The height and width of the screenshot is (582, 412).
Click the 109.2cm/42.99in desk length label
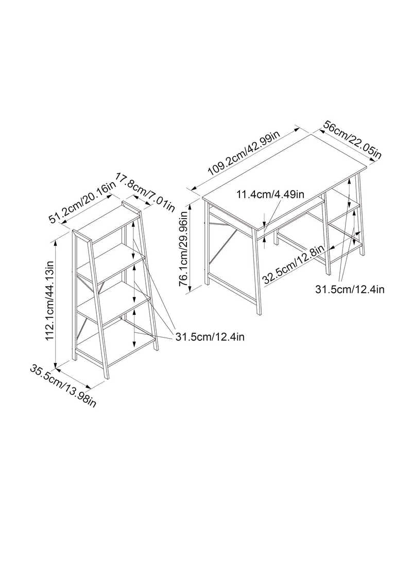(244, 153)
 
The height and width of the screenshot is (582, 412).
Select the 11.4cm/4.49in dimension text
(270, 195)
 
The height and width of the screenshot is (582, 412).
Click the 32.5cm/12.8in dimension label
(293, 264)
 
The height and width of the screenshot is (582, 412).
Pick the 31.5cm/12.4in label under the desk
(350, 289)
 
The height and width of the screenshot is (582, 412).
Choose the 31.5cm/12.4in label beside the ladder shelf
(210, 337)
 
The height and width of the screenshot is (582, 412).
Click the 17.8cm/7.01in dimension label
(145, 191)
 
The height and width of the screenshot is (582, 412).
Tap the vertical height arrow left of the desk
(191, 248)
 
